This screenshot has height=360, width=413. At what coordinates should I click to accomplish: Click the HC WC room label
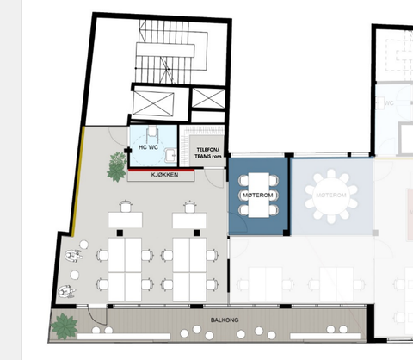148,147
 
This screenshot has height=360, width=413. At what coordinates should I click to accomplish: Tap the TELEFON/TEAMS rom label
208,153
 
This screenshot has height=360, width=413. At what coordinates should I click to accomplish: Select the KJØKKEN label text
164,175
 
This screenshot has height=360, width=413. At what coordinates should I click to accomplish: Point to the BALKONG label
225,320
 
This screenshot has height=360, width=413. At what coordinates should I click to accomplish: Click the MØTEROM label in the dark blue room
258,196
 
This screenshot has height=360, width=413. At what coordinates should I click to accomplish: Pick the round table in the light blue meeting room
331,196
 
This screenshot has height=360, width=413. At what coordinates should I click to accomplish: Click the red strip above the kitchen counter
161,170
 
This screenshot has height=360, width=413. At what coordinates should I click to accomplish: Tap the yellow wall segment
77,182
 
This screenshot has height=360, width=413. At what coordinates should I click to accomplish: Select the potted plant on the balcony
64,326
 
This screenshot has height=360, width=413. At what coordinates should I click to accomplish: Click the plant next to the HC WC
117,167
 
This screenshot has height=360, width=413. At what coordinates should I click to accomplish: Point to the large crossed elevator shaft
153,103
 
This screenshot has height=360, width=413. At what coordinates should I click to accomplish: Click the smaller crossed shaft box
208,98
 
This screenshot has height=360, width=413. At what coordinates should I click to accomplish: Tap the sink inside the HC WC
171,155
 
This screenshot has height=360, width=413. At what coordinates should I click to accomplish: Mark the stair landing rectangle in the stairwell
165,50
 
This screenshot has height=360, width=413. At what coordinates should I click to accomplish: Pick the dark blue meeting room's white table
259,195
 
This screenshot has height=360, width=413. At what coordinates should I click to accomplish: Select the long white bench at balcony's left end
124,336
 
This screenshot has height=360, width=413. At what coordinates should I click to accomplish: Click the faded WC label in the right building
389,103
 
